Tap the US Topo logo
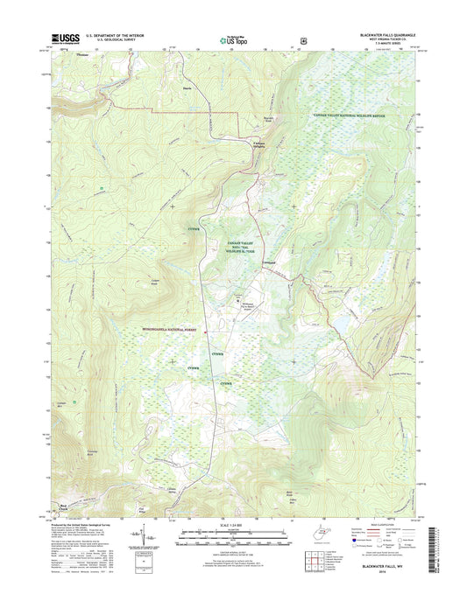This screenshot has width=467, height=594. (x=234, y=38)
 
